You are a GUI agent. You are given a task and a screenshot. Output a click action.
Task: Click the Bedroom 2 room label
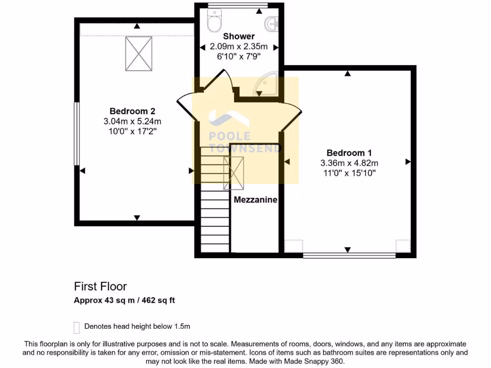[132, 111]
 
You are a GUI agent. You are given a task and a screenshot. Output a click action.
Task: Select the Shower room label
[239, 36]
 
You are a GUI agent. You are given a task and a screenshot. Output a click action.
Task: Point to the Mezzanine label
[256, 200]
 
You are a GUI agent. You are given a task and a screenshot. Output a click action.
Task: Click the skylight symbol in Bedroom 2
[139, 53]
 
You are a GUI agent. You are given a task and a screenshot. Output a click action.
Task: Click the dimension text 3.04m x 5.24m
[132, 121]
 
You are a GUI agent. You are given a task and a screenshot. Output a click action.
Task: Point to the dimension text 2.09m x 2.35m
[239, 46]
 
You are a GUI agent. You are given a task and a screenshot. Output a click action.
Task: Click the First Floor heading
[100, 287]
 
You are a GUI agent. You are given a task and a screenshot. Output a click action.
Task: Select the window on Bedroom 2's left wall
[76, 134]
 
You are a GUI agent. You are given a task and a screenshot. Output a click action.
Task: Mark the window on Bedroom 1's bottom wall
[349, 255]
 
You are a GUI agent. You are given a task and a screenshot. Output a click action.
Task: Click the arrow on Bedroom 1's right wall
[408, 162]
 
